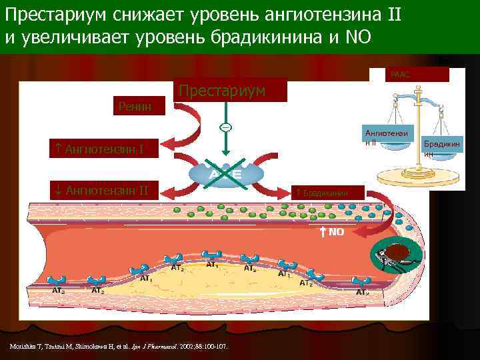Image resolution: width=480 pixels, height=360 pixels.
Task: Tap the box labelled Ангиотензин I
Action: (x=107, y=148)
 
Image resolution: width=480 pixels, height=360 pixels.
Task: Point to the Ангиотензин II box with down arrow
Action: (x=107, y=191)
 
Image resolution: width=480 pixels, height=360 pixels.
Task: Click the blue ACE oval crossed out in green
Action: (x=225, y=174)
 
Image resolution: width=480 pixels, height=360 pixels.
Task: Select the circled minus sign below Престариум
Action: (x=225, y=128)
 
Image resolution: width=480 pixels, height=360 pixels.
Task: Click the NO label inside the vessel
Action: (x=333, y=231)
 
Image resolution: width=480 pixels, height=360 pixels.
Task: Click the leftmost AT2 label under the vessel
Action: (x=59, y=291)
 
